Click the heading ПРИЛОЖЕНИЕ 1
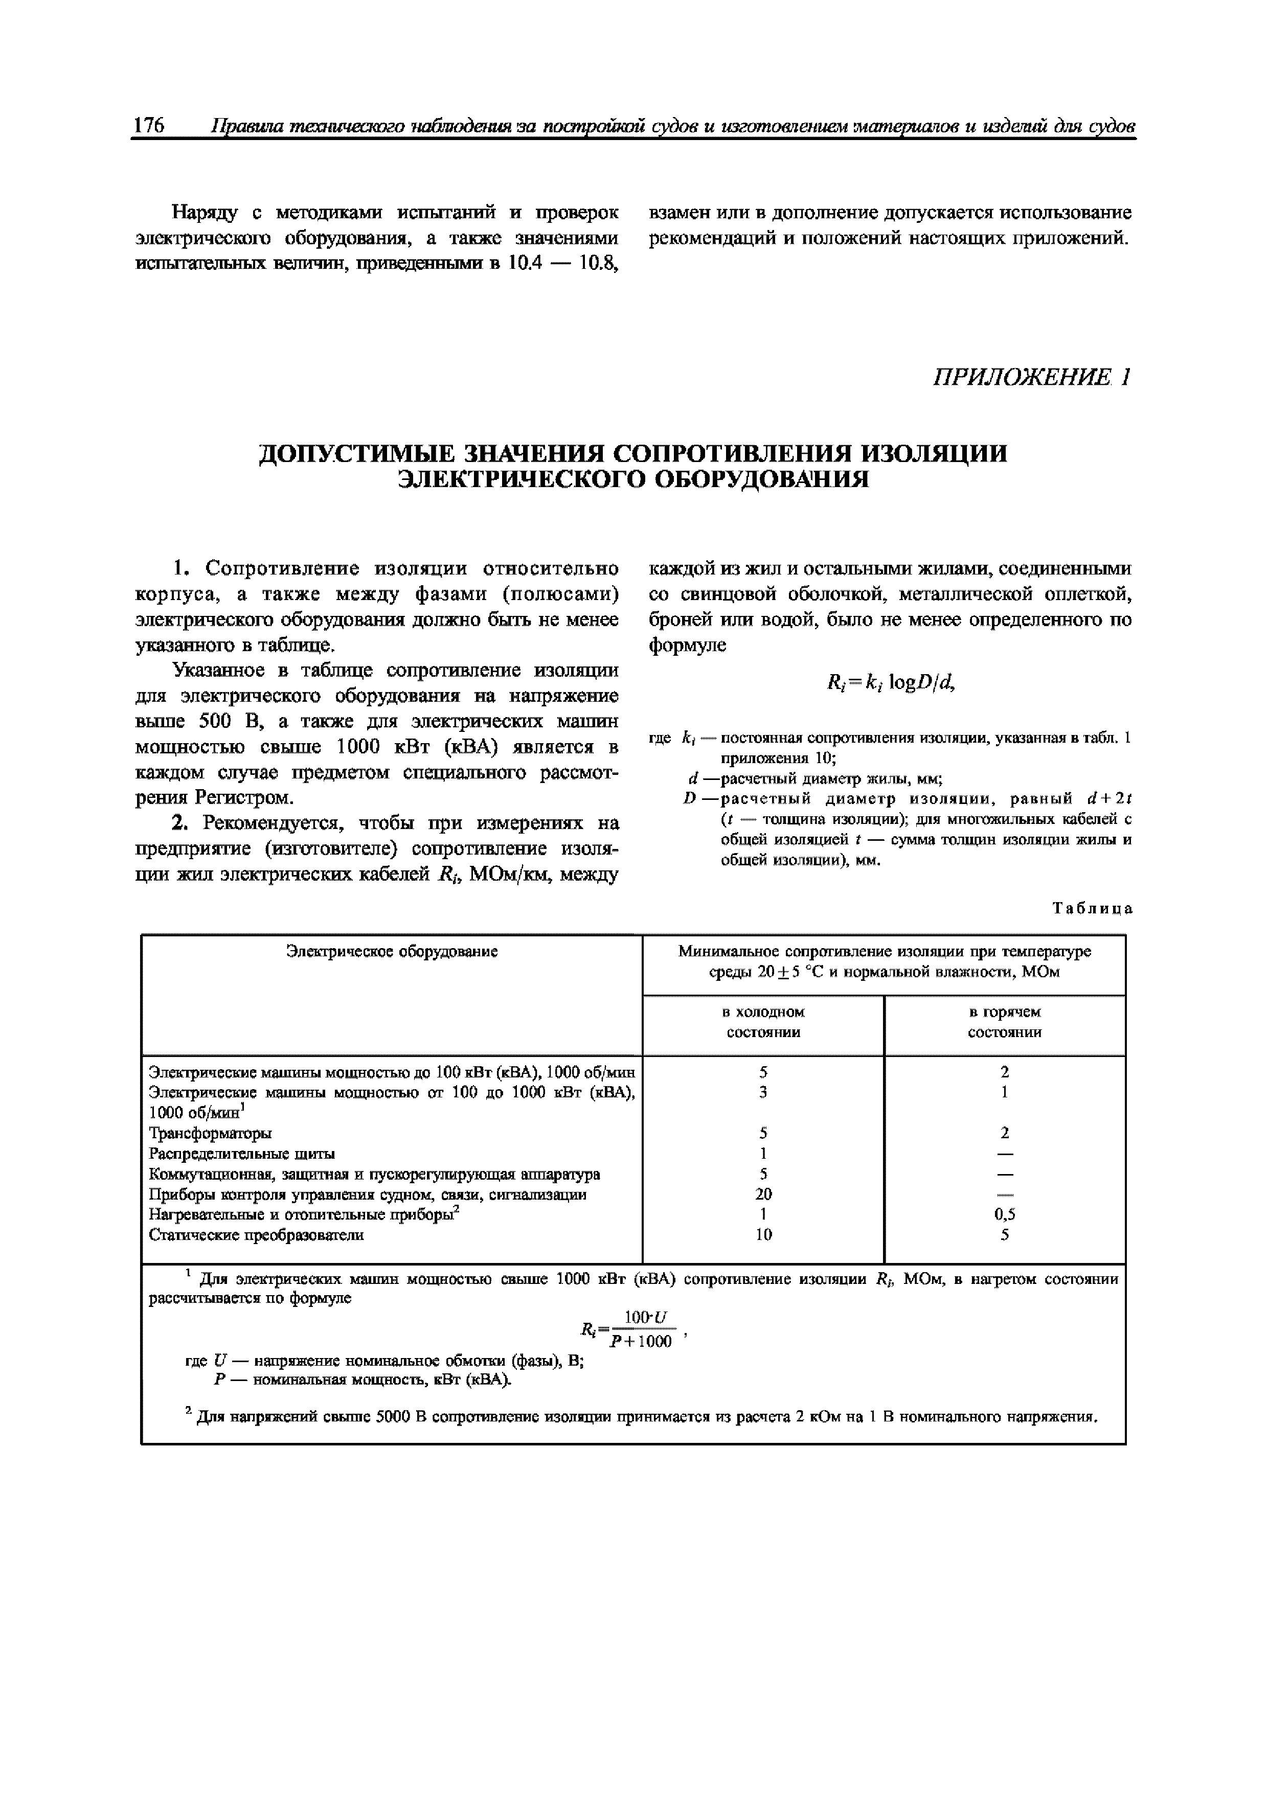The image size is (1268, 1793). tap(1031, 378)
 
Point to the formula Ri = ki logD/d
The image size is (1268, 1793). tap(891, 683)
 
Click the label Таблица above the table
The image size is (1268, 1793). tap(1092, 908)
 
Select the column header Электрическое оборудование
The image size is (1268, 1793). tap(392, 951)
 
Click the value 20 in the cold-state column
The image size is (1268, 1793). tap(763, 1194)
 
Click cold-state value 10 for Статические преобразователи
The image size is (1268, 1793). tap(763, 1235)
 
